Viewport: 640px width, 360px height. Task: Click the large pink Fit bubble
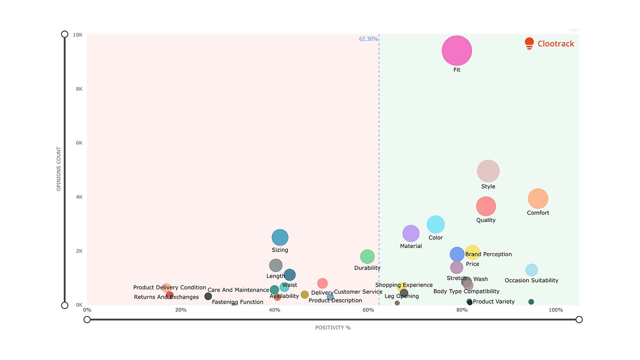point(457,51)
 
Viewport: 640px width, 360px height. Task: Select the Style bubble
point(488,171)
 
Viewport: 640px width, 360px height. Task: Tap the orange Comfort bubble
point(538,199)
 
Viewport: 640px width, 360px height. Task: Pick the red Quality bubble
point(486,206)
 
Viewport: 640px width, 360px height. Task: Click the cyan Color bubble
point(436,224)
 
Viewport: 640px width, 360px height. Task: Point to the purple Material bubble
point(411,234)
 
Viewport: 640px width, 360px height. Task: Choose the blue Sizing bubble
point(280,238)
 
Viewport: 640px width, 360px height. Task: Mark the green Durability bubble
point(367,257)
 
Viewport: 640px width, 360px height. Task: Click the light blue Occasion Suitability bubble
point(532,270)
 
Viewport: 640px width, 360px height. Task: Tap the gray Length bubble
point(276,265)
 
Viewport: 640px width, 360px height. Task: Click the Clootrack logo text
point(556,44)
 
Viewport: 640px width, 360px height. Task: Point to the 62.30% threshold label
point(368,39)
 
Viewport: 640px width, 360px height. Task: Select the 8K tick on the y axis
point(79,89)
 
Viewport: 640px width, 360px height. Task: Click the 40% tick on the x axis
point(274,310)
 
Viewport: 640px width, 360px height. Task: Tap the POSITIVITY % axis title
point(333,328)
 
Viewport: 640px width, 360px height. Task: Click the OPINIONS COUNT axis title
point(59,169)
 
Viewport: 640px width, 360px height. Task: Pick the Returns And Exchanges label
point(166,297)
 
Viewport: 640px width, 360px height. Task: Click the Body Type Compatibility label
point(466,292)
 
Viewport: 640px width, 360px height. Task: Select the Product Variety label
point(494,302)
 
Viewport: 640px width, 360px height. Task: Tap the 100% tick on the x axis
point(556,310)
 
